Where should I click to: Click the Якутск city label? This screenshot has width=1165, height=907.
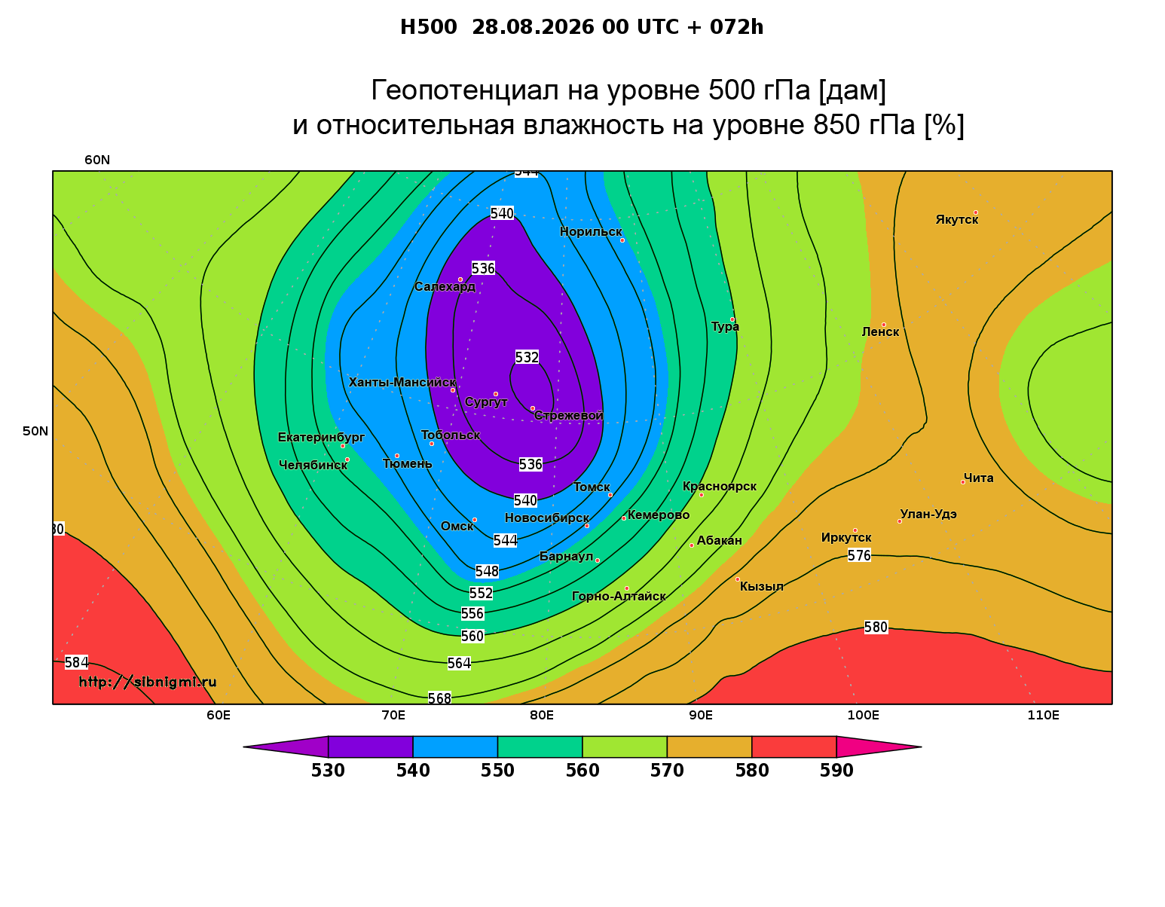point(957,220)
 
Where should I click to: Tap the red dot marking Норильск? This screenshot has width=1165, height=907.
point(622,240)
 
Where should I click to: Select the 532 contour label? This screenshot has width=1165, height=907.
point(527,357)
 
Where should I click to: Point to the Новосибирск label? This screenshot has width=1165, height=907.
point(547,518)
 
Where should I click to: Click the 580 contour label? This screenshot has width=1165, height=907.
point(876,628)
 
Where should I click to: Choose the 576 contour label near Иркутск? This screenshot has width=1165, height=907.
point(859,555)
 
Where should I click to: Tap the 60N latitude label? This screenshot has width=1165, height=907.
point(97,160)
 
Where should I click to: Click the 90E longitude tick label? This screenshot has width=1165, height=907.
point(701,715)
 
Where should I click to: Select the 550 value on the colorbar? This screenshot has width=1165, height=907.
point(497,771)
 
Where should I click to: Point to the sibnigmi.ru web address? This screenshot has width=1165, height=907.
point(148,682)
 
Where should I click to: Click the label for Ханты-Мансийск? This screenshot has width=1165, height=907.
point(402,383)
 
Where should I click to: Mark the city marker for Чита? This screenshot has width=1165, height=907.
point(963,483)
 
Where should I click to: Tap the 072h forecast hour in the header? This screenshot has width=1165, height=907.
point(737,27)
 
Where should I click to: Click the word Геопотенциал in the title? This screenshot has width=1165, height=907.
point(465,90)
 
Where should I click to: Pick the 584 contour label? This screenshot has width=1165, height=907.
point(77,663)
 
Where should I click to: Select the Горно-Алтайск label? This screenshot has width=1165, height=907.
point(619,597)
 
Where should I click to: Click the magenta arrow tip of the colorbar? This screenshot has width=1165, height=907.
point(921,747)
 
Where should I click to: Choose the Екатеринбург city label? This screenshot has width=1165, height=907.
point(321,438)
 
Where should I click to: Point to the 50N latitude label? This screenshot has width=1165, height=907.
point(35,431)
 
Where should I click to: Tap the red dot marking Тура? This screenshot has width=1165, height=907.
point(732,320)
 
